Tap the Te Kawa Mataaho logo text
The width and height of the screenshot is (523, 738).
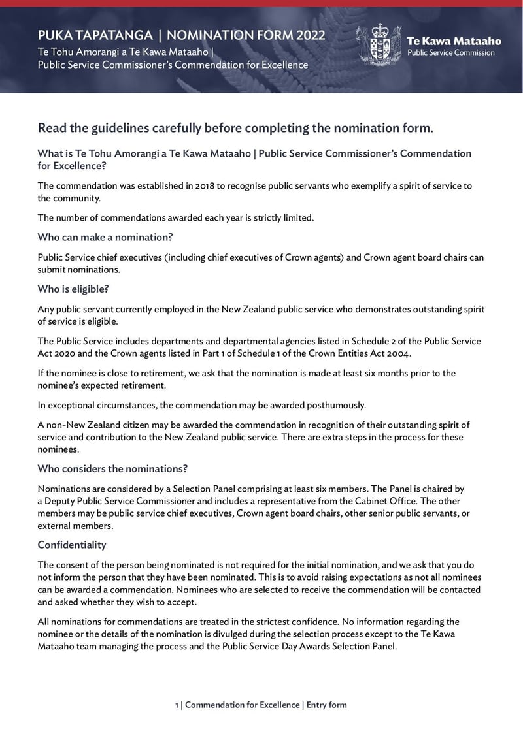point(453,41)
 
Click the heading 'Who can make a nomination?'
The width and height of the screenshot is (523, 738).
point(105,237)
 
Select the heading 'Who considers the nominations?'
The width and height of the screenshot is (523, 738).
point(112,468)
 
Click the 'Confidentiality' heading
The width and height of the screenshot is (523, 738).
point(72,545)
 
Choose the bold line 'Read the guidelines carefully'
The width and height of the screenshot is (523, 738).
point(235,128)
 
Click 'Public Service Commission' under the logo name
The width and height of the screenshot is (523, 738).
point(450,53)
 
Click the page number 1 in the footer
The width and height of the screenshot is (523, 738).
point(177,705)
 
